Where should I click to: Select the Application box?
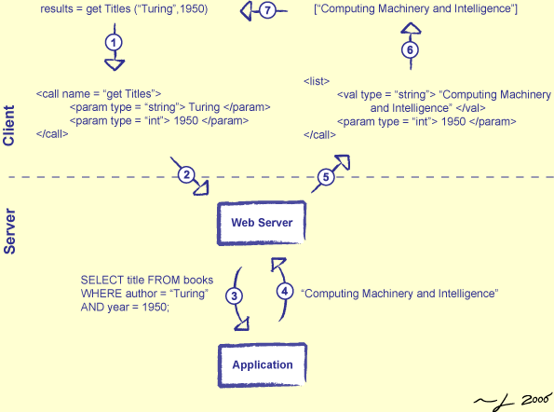263,364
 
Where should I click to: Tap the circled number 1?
114,43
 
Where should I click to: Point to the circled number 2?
186,174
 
